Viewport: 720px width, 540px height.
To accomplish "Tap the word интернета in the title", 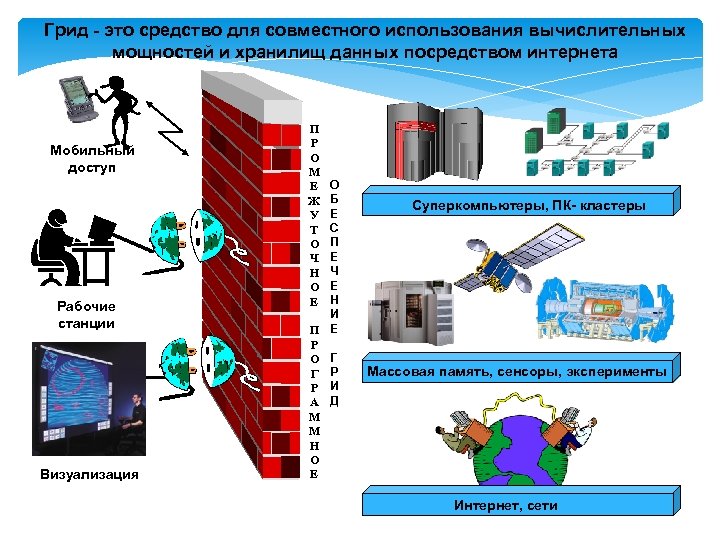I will (x=565, y=52).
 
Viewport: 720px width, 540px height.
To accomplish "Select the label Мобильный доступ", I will (x=92, y=159).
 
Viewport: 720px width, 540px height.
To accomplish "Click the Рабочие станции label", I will (x=86, y=315).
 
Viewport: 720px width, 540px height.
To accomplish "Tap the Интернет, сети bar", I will (x=506, y=506).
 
